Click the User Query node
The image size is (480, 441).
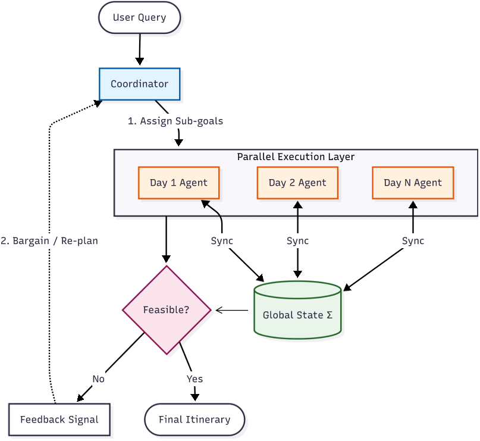[139, 17]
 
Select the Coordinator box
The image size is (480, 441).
[139, 84]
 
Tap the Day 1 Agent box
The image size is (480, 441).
[178, 183]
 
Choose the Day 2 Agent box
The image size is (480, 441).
[297, 183]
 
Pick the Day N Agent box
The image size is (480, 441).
[413, 183]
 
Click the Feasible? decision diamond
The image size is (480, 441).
[167, 310]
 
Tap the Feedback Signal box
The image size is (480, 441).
[59, 420]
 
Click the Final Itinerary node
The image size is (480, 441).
[194, 420]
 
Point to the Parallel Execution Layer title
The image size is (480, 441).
[296, 157]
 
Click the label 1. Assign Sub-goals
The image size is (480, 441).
[175, 121]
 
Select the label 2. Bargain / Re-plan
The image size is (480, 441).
[49, 241]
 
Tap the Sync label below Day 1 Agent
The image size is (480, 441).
[222, 241]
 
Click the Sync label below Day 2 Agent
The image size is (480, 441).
[297, 241]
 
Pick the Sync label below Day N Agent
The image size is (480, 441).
[413, 241]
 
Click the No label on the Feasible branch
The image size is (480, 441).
[98, 379]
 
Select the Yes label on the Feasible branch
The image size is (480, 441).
[194, 379]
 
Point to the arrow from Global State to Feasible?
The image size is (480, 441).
[232, 310]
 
